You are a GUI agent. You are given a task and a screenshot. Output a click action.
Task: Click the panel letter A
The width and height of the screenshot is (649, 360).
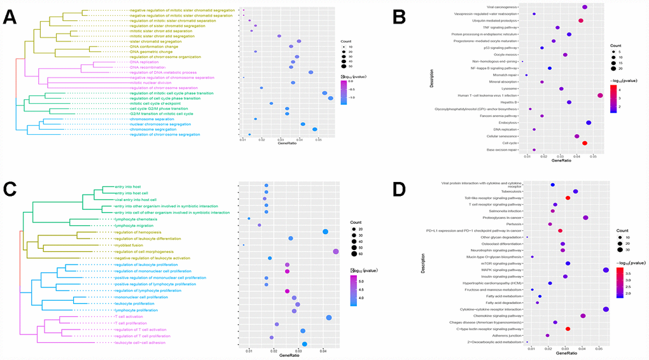[10, 17]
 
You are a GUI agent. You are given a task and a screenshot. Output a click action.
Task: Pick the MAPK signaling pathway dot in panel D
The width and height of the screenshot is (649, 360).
[606, 270]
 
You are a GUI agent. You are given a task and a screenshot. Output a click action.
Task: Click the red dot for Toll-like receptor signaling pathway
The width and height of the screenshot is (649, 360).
[568, 198]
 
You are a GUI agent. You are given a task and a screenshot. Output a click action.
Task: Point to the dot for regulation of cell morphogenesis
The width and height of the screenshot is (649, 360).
[335, 252]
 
